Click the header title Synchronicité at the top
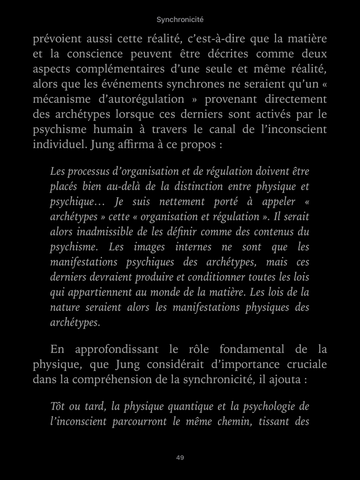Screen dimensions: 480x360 pos(180,20)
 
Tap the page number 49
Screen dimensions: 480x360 pos(180,457)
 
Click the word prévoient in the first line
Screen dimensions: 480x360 pos(56,39)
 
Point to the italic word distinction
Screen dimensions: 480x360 pos(212,187)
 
